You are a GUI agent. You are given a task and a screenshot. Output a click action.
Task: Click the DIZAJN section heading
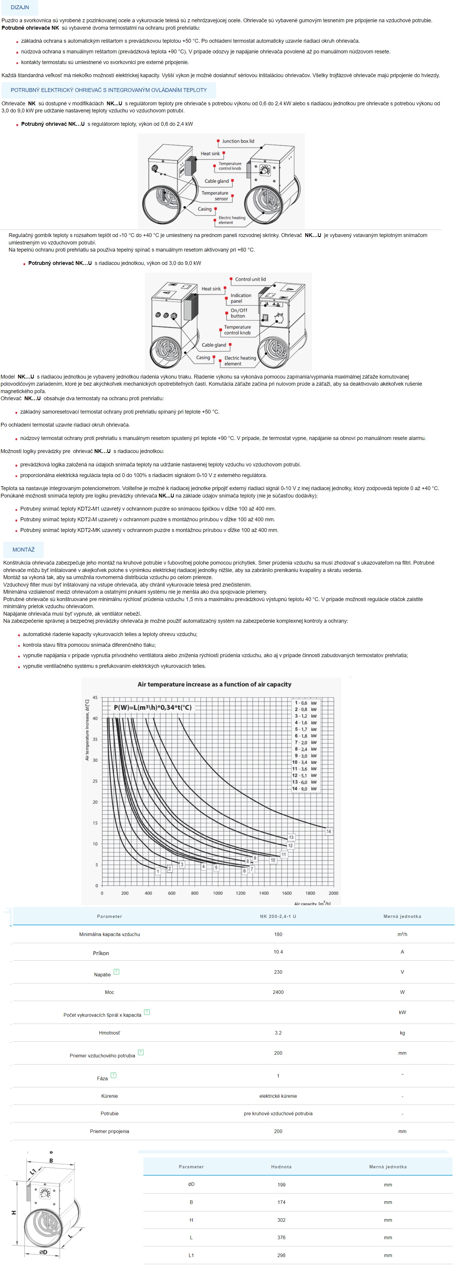coord(20,7)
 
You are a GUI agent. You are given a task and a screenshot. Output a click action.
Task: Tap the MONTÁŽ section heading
coord(23,550)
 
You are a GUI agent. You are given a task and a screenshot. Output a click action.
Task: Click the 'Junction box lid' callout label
coord(238,141)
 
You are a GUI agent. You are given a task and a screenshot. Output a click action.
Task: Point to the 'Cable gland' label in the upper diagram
coord(216,181)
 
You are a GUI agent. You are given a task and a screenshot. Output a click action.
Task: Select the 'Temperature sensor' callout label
coord(215,196)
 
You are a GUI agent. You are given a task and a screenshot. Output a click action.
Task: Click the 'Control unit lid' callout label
coord(250,279)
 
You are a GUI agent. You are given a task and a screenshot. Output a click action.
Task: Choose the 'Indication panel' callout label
coord(241,298)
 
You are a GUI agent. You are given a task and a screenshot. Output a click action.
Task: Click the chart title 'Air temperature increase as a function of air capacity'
coord(214,684)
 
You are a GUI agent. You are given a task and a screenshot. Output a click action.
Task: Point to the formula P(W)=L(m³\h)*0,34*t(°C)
coord(153,708)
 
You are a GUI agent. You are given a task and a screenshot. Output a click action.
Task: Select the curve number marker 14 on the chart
coord(328,831)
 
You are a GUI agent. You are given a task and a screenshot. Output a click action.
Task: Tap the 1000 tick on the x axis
coord(218,893)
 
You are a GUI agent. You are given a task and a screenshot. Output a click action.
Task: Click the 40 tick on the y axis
coord(95,719)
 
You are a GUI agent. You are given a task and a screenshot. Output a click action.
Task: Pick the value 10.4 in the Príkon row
coord(278,952)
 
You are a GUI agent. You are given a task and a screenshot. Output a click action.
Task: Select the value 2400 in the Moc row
coord(278,992)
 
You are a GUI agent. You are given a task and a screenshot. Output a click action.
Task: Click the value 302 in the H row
coord(281,1220)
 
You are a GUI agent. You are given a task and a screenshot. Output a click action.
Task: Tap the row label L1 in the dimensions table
coord(191,1255)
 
